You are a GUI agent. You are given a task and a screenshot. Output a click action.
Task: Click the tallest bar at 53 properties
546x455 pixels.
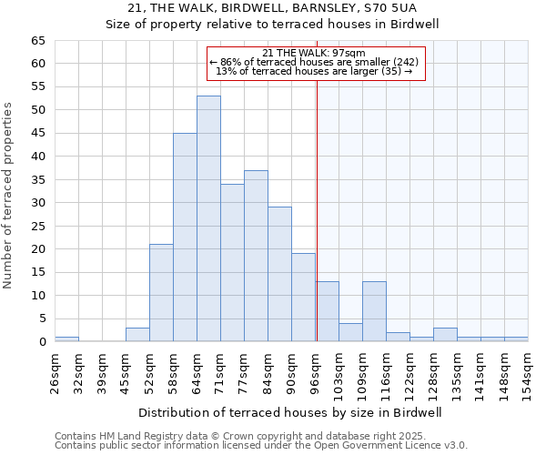click(x=208, y=218)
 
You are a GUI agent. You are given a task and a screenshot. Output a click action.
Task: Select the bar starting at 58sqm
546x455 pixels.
click(x=185, y=238)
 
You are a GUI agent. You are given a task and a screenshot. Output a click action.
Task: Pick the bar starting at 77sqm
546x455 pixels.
click(x=256, y=256)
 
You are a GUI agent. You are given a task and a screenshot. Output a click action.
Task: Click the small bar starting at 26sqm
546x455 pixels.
click(x=66, y=339)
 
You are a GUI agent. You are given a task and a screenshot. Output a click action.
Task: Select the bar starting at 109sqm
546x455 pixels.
click(x=374, y=311)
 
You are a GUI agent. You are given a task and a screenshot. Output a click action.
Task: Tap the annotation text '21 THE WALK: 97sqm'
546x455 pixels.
click(x=314, y=53)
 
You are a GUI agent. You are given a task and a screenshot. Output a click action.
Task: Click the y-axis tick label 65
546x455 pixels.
click(x=37, y=41)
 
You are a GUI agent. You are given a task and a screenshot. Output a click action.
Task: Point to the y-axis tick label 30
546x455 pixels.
click(x=37, y=203)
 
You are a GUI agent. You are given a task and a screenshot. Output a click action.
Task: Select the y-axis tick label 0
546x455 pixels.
click(x=41, y=342)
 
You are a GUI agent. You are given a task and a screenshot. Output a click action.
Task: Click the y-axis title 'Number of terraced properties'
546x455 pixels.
click(x=8, y=196)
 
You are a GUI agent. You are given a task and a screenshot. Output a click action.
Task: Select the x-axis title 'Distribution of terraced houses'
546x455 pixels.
click(x=291, y=412)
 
